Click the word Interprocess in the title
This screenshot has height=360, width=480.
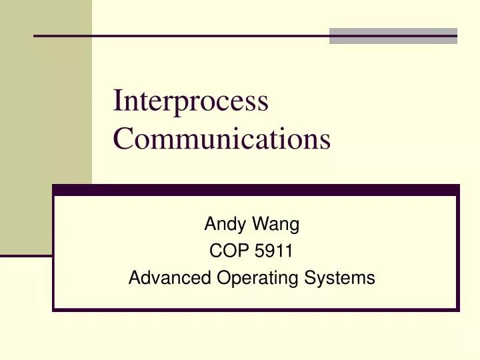pos(191,102)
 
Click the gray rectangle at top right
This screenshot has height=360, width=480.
pos(393,35)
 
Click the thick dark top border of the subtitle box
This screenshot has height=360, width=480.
pos(256,189)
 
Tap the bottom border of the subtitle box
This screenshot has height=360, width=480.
pos(256,309)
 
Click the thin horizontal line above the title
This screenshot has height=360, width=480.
pos(180,35)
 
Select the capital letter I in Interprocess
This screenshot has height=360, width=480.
pos(118,101)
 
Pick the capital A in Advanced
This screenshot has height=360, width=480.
pos(133,278)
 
